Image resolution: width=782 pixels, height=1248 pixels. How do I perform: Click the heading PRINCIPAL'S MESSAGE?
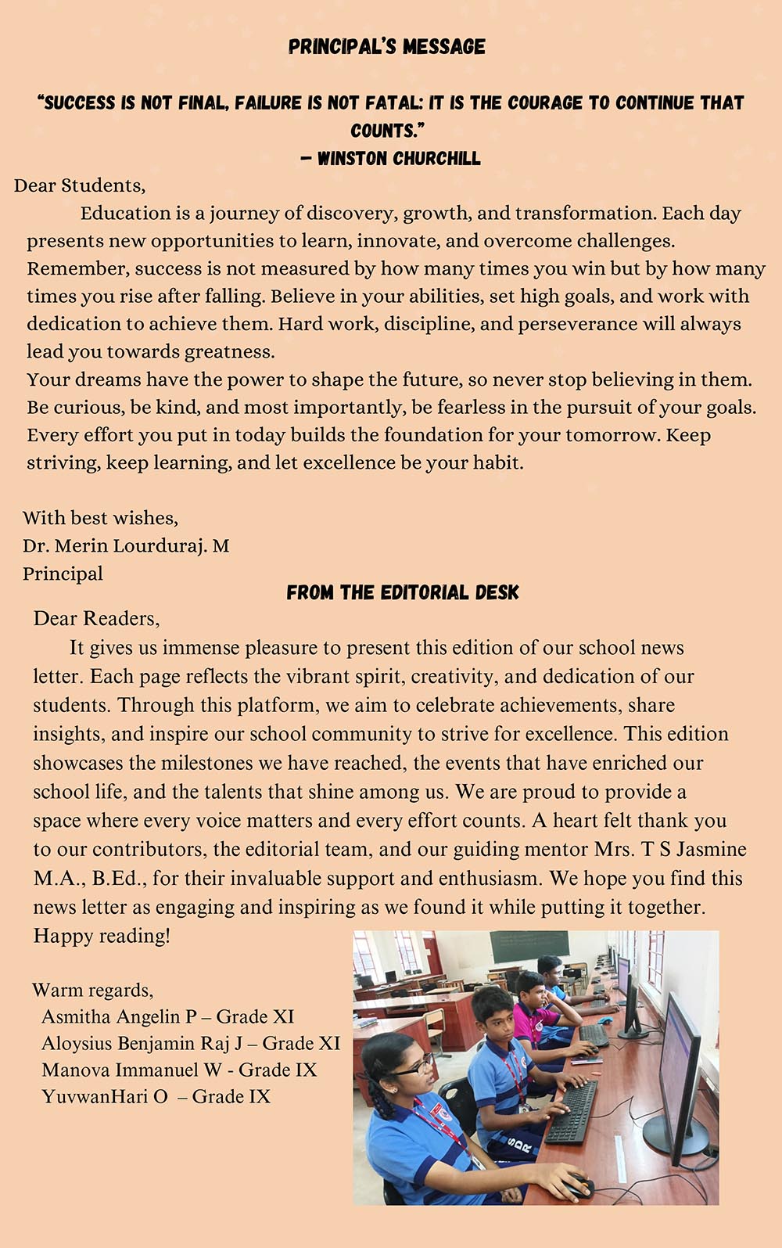tap(386, 46)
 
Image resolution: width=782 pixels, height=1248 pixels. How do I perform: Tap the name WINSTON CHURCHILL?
tap(399, 158)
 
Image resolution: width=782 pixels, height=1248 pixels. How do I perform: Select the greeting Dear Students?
tap(79, 185)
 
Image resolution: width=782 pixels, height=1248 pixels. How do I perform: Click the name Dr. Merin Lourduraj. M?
tap(126, 545)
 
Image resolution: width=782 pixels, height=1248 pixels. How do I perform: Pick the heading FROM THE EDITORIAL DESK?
tap(402, 592)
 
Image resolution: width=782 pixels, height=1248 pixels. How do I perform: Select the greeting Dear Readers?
tap(96, 618)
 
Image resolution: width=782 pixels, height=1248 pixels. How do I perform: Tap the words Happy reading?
tap(102, 936)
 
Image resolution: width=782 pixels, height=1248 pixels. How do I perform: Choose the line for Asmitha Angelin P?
tap(167, 1016)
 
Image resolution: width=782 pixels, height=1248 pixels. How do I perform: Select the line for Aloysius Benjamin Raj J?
tap(191, 1043)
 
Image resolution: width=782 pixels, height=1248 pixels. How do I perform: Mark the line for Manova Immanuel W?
tap(179, 1070)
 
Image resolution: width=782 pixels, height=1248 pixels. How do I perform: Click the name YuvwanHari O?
tap(105, 1096)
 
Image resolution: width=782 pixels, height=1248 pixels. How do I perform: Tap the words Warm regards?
tap(92, 990)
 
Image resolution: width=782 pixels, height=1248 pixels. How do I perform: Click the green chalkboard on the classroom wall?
tap(529, 948)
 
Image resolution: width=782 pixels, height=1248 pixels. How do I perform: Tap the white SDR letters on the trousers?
tap(518, 1146)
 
